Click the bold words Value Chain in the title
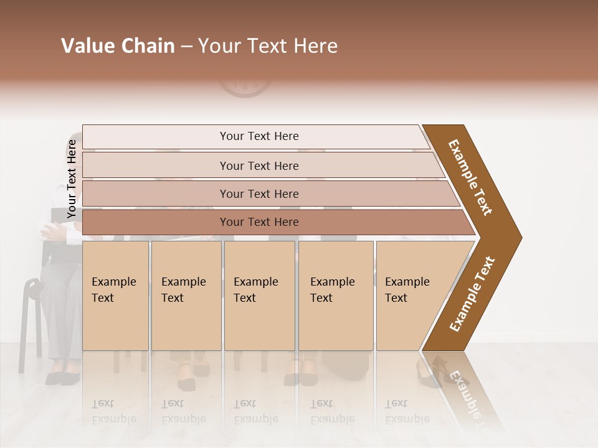tap(118, 46)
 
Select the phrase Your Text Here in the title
tap(267, 46)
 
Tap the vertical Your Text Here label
tap(72, 179)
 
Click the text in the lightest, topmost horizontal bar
tap(259, 136)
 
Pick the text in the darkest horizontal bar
tap(259, 222)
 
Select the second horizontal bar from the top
tap(259, 166)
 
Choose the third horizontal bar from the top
tap(259, 194)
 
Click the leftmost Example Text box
tap(115, 295)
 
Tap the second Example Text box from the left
tap(186, 295)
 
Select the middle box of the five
tap(259, 295)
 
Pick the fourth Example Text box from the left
tap(335, 295)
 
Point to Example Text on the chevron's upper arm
tap(470, 177)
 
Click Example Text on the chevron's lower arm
tap(472, 294)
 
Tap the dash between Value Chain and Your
tap(186, 47)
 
